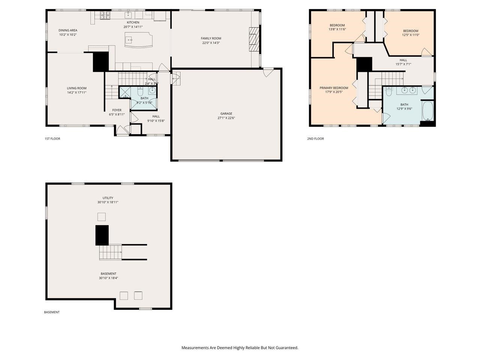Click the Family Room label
click(x=211, y=38)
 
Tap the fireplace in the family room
click(x=255, y=39)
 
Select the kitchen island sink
click(x=129, y=39)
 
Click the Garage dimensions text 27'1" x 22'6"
click(x=226, y=118)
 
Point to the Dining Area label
click(x=68, y=30)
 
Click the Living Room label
click(x=76, y=88)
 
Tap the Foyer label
click(x=117, y=110)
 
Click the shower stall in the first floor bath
click(x=124, y=92)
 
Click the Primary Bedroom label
click(x=334, y=88)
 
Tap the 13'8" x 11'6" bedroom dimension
click(x=337, y=29)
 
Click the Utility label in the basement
click(x=108, y=198)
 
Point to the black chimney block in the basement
click(x=102, y=235)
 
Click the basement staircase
click(x=111, y=252)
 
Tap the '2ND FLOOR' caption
click(x=315, y=139)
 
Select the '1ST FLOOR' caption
click(x=52, y=139)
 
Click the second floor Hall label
click(x=403, y=60)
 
